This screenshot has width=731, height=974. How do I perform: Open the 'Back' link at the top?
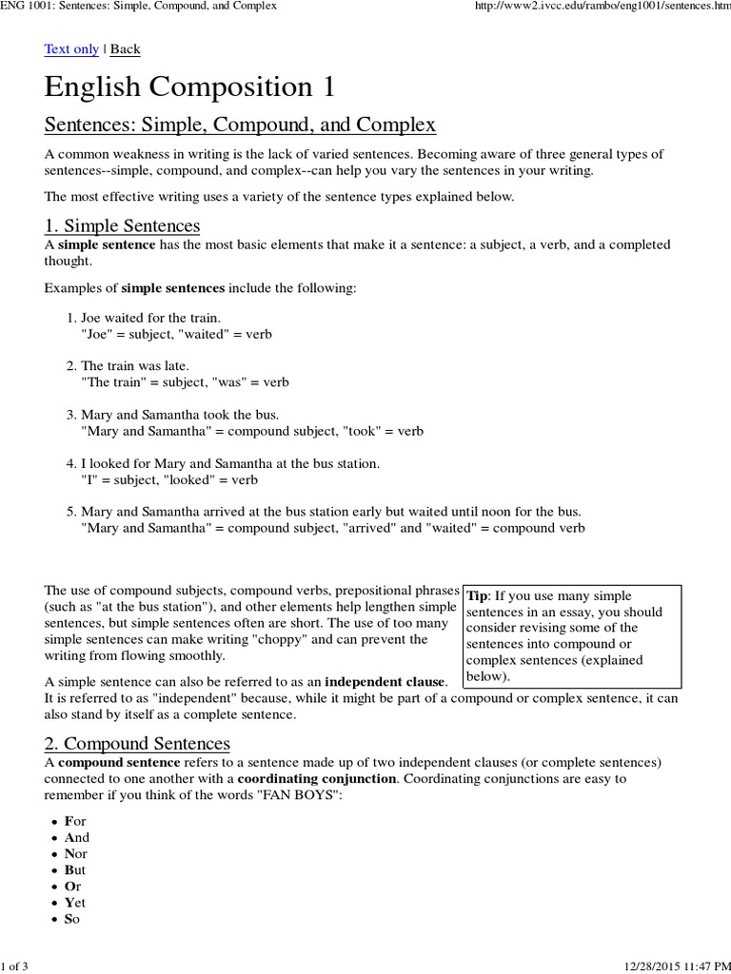(125, 49)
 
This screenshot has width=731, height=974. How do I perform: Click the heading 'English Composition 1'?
(189, 88)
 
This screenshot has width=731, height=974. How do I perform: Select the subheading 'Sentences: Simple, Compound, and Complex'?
(240, 125)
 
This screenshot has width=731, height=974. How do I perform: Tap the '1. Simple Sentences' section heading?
(122, 225)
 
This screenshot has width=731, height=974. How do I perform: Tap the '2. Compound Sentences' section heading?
(137, 743)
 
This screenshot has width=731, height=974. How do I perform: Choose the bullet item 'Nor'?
(75, 853)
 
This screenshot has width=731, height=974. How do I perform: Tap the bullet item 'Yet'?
(75, 904)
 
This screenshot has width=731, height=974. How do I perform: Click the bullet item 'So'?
(72, 921)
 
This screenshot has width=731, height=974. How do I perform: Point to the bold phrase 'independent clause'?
(385, 682)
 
